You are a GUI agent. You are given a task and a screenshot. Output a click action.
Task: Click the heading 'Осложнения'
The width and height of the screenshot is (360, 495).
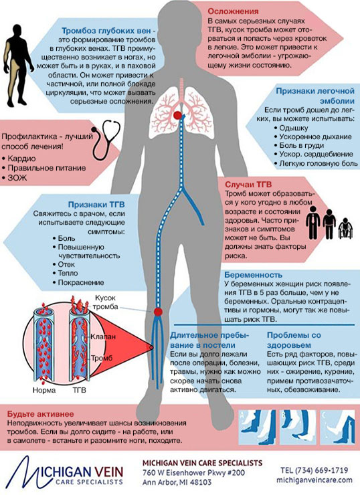[233, 11]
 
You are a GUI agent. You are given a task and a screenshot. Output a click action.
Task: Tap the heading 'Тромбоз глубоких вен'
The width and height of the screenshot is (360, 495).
[106, 31]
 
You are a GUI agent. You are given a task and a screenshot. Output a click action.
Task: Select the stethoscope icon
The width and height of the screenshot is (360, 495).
[106, 139]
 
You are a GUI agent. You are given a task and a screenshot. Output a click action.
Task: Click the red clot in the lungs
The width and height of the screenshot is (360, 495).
[177, 115]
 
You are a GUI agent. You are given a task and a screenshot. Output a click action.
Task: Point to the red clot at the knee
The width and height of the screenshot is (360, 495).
[158, 312]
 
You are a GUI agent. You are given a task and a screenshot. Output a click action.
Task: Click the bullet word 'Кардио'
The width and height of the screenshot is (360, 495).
[21, 159]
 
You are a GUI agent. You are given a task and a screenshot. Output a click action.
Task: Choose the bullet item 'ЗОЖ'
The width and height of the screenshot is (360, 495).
[17, 178]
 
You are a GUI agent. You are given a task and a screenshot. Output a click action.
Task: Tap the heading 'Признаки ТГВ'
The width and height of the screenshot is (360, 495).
[96, 204]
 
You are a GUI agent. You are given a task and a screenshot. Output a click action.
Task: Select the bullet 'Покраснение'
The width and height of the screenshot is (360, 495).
[81, 282]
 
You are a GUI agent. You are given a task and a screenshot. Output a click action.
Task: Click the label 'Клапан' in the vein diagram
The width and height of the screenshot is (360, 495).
[103, 336]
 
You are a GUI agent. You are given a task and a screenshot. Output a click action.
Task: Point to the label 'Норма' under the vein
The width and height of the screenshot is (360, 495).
[44, 390]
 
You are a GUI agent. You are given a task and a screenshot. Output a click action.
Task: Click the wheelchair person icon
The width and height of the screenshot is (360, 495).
[345, 228]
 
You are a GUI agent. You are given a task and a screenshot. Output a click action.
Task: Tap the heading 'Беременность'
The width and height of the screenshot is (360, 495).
[253, 274]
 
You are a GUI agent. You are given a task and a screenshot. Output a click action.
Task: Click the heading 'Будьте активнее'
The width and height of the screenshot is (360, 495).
[40, 414]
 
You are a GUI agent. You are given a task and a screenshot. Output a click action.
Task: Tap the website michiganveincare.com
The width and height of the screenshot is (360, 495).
[314, 480]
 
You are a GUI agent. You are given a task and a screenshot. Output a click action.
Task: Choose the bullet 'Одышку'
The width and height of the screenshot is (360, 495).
[293, 128]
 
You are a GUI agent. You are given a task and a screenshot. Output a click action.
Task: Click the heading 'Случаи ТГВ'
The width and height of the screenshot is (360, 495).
[248, 185]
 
